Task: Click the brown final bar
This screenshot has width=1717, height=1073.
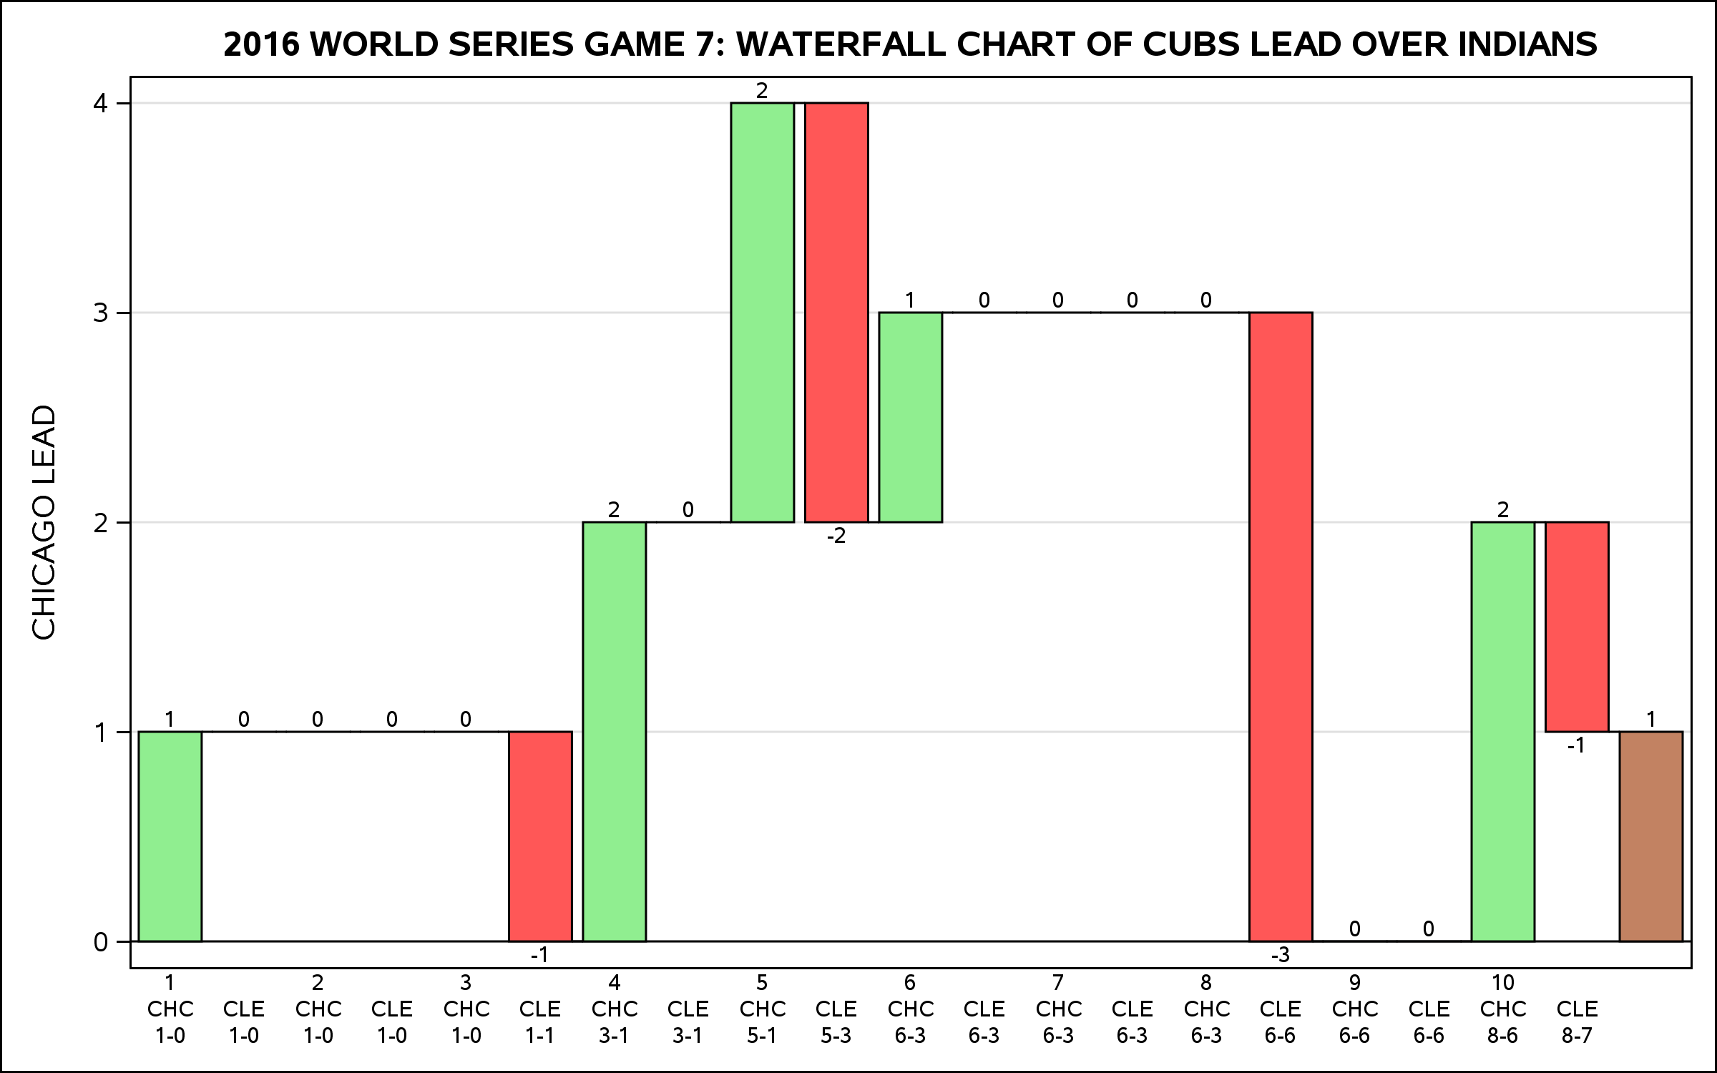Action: click(1650, 836)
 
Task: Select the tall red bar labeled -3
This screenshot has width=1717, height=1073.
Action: click(1281, 627)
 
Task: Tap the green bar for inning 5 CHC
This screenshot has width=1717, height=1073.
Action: click(762, 313)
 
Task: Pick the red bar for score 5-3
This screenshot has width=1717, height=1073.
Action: click(836, 313)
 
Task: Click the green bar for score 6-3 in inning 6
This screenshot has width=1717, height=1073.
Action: click(910, 417)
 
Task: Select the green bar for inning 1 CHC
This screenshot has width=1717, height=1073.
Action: click(170, 836)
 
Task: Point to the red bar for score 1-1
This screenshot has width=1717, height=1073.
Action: click(540, 836)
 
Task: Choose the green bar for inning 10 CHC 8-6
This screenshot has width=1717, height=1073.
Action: click(1502, 731)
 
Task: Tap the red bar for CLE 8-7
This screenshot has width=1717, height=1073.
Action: click(1577, 627)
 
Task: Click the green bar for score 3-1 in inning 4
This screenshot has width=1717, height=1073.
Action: click(614, 731)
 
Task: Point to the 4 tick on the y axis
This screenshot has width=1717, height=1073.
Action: click(100, 104)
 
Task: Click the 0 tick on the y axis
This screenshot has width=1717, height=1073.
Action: click(100, 942)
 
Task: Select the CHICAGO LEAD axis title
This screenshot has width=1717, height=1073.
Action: click(44, 522)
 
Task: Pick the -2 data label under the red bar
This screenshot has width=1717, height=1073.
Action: click(836, 536)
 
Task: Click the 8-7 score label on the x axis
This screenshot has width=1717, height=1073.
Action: click(1577, 1035)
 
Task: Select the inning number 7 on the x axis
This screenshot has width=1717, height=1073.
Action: click(1058, 982)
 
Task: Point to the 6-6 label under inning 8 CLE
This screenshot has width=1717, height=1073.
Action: click(1281, 1035)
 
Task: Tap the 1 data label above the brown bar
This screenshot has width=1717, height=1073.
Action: click(1651, 719)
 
